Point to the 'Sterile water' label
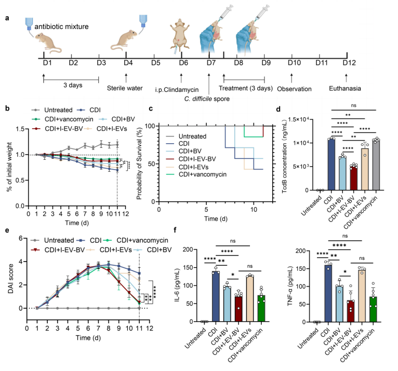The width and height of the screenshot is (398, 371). [125, 89]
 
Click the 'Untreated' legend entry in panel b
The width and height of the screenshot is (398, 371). [57, 109]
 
